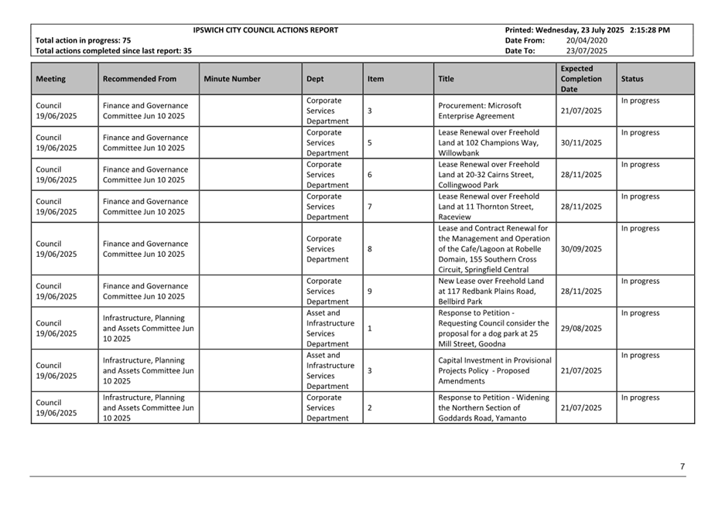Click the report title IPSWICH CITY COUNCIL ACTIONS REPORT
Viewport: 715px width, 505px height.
265,30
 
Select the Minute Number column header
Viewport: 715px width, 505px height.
232,79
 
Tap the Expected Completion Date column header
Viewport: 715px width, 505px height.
581,79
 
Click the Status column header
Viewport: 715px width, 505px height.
631,79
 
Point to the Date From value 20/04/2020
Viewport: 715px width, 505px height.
587,40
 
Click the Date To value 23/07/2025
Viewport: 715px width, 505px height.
587,51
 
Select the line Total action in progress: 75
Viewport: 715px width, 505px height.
84,40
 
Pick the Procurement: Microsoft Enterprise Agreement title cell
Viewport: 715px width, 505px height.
480,111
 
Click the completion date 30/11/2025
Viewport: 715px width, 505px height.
581,143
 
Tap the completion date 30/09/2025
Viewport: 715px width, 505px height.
581,249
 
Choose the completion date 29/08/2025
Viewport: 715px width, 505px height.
581,329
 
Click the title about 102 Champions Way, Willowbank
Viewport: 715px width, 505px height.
488,143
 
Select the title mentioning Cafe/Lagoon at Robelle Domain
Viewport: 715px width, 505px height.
494,249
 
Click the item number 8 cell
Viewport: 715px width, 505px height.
370,249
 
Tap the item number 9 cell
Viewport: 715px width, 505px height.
370,292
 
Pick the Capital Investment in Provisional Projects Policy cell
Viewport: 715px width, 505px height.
494,370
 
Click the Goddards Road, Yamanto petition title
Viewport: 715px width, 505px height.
494,408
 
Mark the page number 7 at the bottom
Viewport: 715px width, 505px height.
682,466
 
